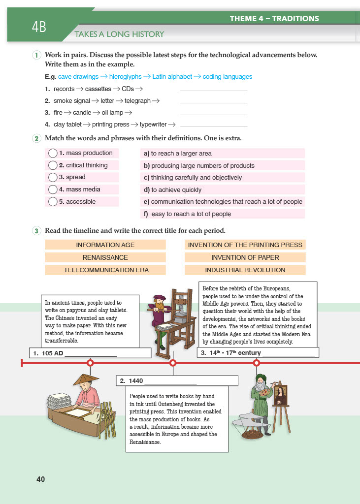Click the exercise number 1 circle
(37, 55)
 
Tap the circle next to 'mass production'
(53, 153)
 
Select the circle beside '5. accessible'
(53, 202)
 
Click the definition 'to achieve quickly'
(176, 190)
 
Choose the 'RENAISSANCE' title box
(105, 257)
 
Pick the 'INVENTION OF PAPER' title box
(245, 257)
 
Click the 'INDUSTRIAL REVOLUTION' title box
(245, 270)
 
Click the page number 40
(40, 479)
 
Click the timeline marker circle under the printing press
(173, 363)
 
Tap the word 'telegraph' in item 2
(137, 101)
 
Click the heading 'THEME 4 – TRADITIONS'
(274, 19)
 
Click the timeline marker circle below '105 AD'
(90, 363)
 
